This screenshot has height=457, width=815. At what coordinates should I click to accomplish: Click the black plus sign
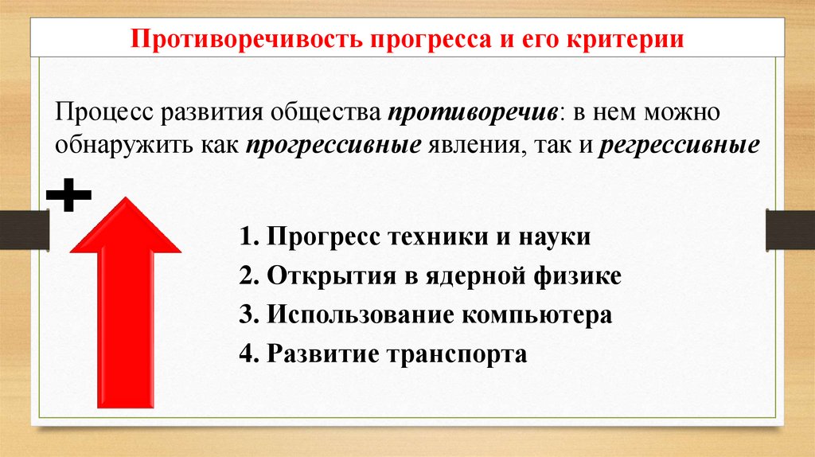click(x=69, y=195)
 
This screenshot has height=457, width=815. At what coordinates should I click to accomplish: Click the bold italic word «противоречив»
click(x=472, y=113)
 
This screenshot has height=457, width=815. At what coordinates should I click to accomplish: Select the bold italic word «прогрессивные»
click(x=333, y=147)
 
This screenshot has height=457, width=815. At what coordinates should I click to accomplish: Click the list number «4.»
click(x=248, y=353)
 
